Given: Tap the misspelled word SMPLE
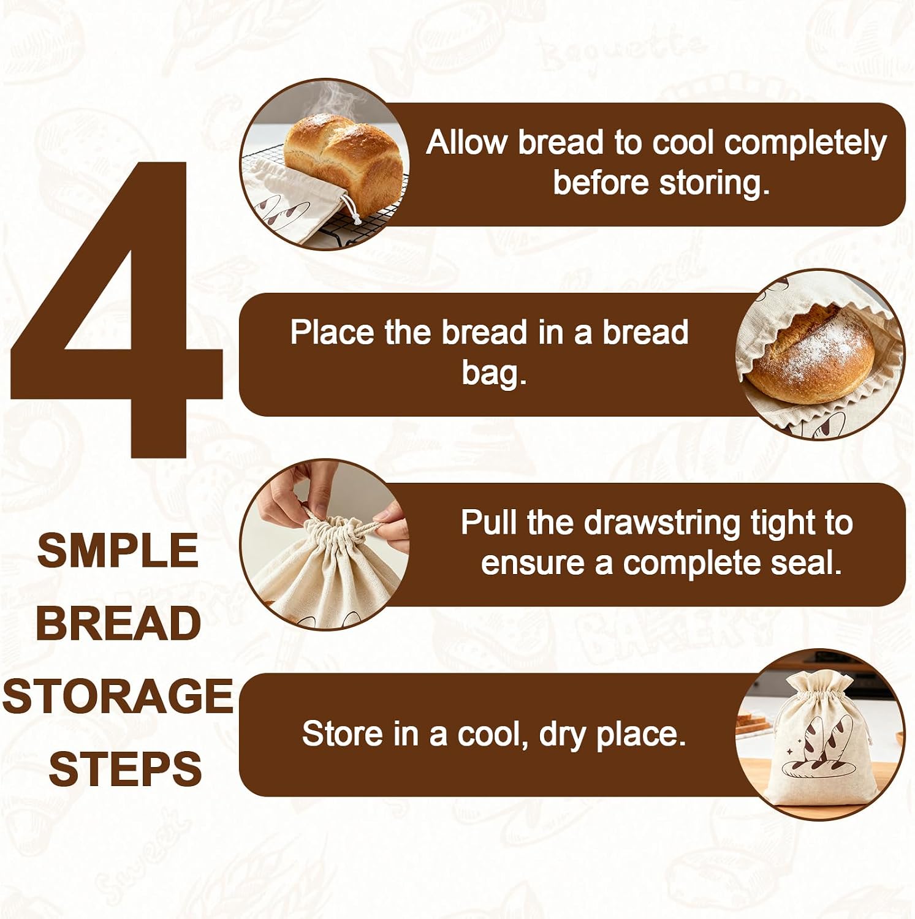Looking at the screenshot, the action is click(118, 550).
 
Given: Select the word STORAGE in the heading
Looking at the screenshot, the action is click(118, 696).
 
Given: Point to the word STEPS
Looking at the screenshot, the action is click(125, 768).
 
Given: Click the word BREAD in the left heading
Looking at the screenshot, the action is click(118, 623).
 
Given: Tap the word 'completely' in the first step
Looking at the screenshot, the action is click(805, 143).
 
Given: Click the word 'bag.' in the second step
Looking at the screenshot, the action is click(494, 373).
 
